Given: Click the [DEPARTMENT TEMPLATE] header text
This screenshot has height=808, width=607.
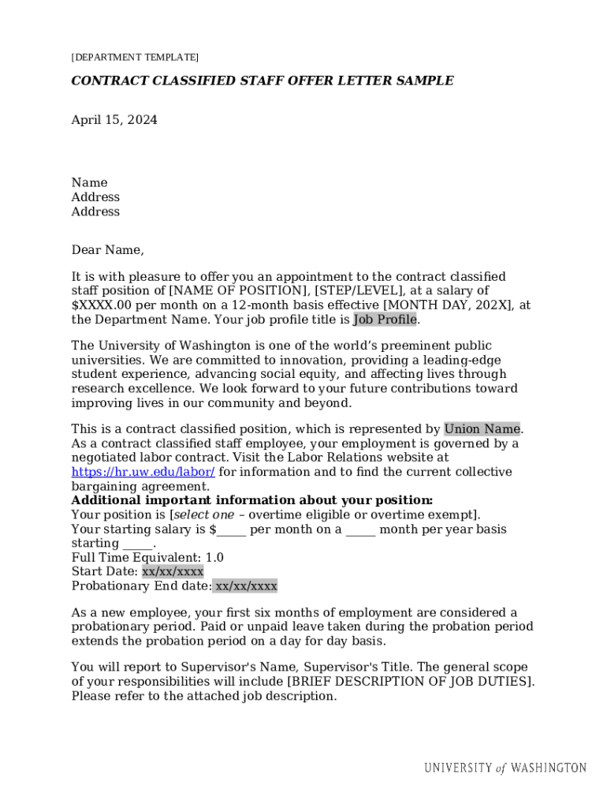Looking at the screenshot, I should [135, 58].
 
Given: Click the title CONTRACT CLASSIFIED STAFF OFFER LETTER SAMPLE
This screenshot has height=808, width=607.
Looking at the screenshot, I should [263, 80].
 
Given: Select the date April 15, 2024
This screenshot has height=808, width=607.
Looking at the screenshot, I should [114, 120].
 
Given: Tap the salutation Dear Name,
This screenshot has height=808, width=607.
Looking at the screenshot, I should [108, 250].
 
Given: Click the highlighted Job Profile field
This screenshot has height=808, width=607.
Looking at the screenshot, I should [385, 320].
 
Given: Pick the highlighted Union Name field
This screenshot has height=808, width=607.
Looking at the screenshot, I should [482, 429].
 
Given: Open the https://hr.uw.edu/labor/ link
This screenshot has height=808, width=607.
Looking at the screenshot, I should [143, 472].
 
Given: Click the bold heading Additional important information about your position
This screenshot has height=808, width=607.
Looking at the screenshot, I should [252, 500].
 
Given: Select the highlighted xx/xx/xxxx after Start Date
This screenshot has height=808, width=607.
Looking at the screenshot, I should [173, 571].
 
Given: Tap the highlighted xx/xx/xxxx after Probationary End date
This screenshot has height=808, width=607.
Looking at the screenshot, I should [246, 585].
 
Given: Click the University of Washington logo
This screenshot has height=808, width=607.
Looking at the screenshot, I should [505, 768].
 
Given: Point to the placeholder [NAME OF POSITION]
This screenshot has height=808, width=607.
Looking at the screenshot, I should [240, 291].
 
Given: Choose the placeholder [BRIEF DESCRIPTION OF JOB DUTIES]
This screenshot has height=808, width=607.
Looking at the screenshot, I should [411, 681].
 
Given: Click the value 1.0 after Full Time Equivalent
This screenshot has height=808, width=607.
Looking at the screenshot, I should [214, 557].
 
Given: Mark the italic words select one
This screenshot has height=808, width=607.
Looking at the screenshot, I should [204, 514].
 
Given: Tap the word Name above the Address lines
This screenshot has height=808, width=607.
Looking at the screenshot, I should [89, 182].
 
